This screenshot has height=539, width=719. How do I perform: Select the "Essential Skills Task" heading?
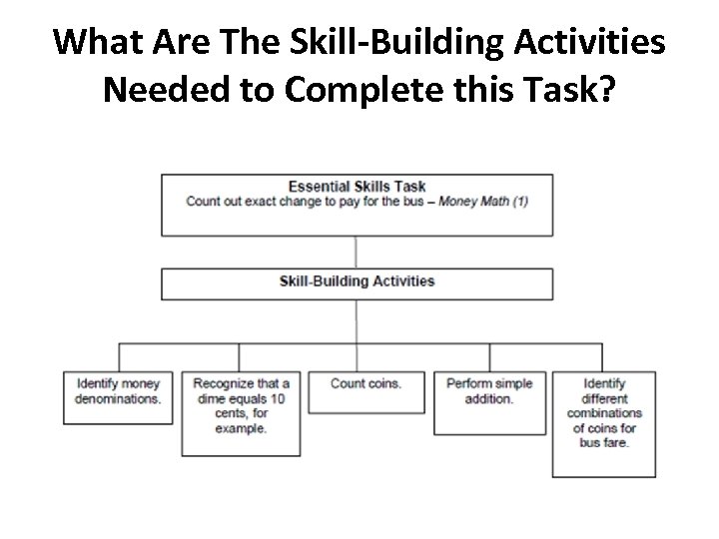[357, 186]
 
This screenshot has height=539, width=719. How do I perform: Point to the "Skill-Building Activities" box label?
[357, 280]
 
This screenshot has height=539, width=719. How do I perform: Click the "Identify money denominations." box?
[117, 390]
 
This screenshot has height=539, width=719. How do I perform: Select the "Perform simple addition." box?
[490, 390]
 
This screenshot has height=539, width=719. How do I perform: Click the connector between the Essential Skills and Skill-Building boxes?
[357, 252]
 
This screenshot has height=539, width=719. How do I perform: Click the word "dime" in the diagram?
[210, 398]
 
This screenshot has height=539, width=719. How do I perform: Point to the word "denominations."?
[118, 398]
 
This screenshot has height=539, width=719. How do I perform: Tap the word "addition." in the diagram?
[489, 398]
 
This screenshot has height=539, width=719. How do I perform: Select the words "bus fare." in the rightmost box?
[605, 442]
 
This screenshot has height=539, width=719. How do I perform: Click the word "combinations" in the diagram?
[605, 413]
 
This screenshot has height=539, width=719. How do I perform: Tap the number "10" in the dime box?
[279, 398]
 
